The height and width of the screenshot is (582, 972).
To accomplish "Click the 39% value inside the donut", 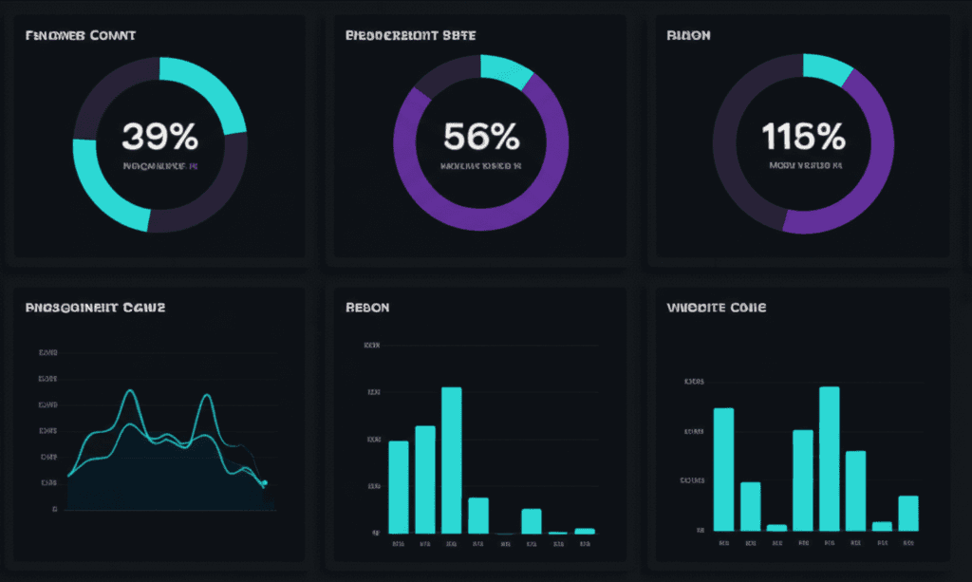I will pos(159,138).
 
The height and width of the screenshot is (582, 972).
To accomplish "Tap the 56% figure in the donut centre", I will pos(481,138).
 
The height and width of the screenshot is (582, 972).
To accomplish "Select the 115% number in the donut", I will pos(803,138).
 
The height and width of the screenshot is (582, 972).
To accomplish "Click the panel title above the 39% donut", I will pos(80,36).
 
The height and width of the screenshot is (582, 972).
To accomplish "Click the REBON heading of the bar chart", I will pos(366,309).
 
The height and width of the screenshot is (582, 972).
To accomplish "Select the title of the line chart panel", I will pos(95,309).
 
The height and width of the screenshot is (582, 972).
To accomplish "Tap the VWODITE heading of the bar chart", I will pos(717,309).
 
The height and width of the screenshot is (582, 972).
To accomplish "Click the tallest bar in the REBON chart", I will pos(452,460).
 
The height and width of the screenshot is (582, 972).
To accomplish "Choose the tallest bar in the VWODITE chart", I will pos(829,459).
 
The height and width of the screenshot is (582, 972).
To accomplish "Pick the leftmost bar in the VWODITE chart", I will pos(723,469).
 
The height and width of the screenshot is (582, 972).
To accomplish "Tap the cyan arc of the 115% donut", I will pos(827,67).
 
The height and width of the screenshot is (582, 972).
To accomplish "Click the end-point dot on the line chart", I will pos(265,483).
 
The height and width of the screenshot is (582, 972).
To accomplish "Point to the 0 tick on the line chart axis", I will pos(55,510).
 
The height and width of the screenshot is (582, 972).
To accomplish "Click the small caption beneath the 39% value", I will pos(159,166).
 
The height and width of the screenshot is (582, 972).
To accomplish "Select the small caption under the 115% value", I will pos(804,166).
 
